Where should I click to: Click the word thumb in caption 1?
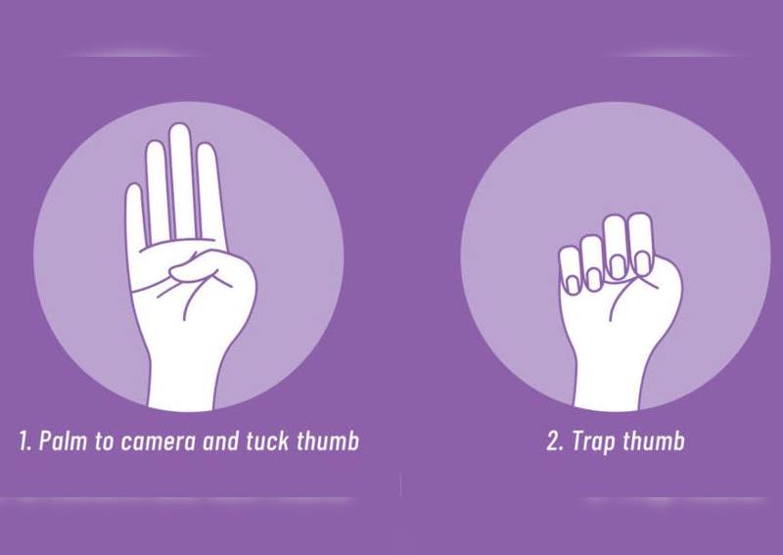pos(328,441)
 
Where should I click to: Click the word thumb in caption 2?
pos(654,441)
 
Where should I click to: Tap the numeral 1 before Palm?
pos(23,441)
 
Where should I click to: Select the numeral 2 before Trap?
pos(553,441)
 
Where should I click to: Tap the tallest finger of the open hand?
pos(180,181)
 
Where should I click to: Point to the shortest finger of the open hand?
pos(134,214)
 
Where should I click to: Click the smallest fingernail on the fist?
pos(574,285)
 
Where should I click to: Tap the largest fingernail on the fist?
pos(618,266)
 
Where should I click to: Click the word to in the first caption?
pos(103,442)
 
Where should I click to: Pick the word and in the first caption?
pos(220,441)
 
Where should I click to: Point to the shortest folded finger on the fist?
pos(570,270)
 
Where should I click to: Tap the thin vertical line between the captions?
pos(400,486)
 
